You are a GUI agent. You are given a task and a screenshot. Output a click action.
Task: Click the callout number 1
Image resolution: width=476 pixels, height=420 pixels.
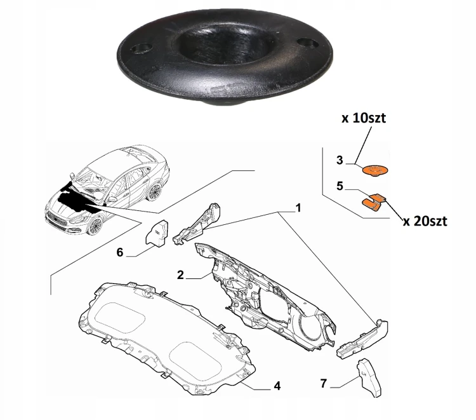click(x=298, y=208)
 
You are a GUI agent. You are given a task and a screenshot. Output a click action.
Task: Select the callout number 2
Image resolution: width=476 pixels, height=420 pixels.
click(x=181, y=275)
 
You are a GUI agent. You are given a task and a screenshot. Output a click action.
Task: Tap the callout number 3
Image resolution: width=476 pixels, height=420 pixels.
click(x=340, y=160)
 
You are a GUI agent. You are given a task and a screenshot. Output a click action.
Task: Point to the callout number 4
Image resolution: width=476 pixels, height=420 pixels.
click(x=277, y=386)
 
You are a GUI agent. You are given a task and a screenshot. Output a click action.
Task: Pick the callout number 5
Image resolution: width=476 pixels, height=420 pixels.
click(x=340, y=186)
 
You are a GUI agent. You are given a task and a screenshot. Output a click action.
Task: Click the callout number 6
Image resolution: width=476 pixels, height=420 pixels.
click(x=120, y=252)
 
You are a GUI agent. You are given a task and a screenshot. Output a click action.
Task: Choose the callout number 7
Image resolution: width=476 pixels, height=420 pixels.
click(x=324, y=384)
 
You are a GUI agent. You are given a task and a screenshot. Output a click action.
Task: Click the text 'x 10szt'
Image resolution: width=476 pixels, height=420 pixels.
click(x=364, y=118)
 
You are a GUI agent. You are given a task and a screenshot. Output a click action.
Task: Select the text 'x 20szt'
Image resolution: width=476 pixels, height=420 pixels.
click(x=425, y=221)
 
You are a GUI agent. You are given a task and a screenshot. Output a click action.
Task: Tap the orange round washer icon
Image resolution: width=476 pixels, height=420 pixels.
click(x=376, y=170)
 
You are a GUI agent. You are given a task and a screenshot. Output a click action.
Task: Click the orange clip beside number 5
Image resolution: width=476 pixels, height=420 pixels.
click(x=374, y=203)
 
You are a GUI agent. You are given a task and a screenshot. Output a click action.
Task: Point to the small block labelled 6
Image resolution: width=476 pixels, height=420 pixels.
click(x=157, y=232)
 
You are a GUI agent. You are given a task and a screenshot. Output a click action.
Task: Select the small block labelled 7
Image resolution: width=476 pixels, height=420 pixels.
click(x=369, y=378)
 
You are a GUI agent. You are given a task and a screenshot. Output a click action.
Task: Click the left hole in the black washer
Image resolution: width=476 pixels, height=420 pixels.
click(x=141, y=48)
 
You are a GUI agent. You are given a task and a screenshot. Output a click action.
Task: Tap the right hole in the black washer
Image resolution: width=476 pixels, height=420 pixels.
click(x=307, y=43)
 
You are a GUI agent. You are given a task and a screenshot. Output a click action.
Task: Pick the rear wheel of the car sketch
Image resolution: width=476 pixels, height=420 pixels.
click(x=154, y=191)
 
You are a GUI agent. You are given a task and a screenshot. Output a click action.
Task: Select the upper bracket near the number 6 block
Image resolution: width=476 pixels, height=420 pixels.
click(x=197, y=222)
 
